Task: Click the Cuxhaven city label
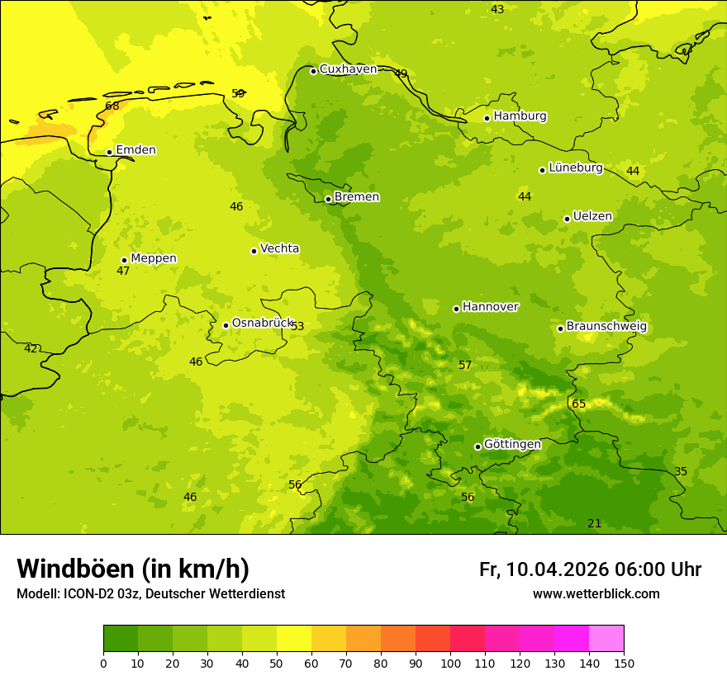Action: point(348,69)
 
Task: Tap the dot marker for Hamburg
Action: point(487,118)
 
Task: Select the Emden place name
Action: point(135,150)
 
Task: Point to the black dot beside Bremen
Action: point(328,199)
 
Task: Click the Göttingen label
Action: point(512,445)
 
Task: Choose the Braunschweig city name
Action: point(606,327)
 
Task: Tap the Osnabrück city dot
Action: point(226,325)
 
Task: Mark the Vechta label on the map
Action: point(279,248)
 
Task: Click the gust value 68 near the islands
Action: point(112,106)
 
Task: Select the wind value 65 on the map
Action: point(579,404)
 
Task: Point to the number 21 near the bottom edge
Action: point(595,523)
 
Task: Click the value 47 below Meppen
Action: point(123,271)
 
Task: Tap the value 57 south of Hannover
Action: point(465,365)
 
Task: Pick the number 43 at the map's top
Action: point(497,9)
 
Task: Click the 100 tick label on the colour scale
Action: point(450,663)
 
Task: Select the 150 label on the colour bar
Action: point(624,663)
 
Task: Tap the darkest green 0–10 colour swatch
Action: point(121,639)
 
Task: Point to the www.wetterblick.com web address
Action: point(596,594)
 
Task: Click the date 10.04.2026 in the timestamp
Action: point(558,569)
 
